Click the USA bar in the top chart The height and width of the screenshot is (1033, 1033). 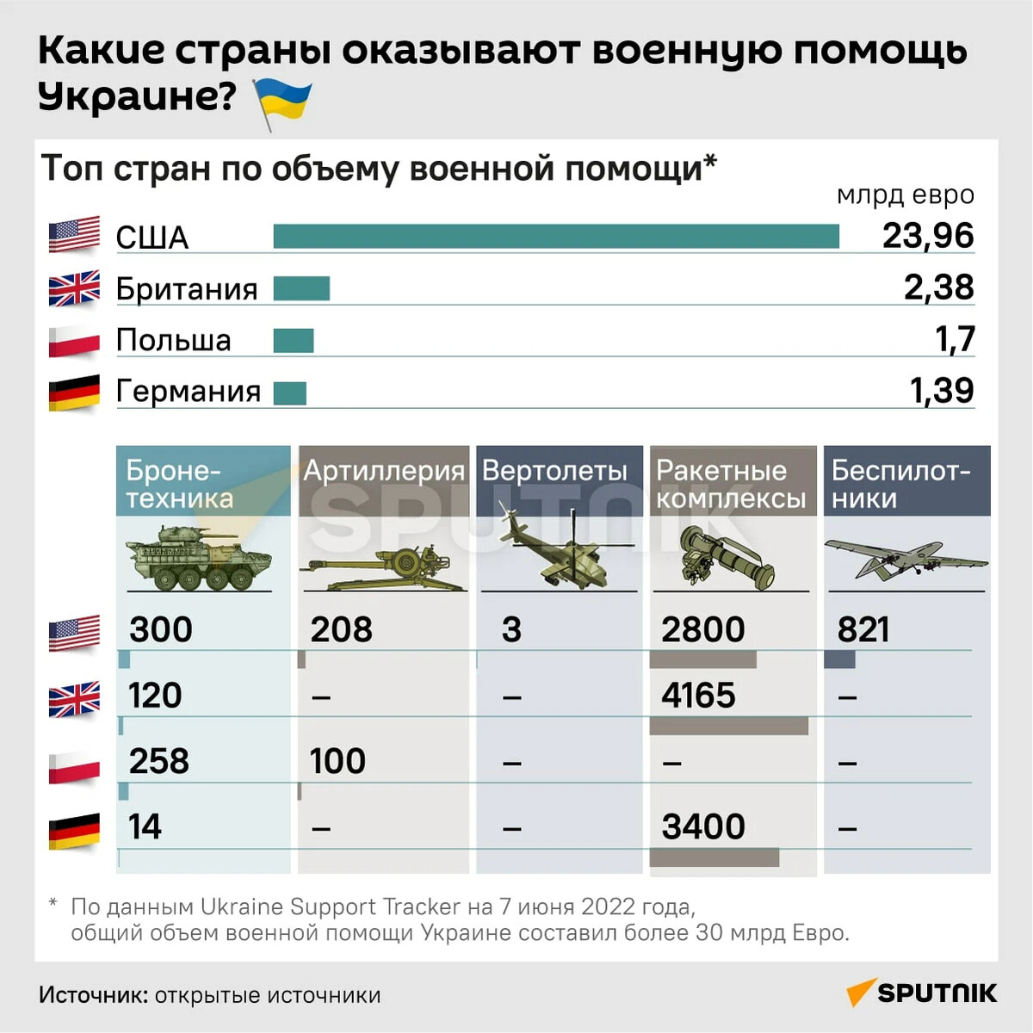click(556, 236)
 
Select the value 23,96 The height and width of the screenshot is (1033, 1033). click(928, 236)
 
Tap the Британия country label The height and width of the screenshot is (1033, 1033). click(187, 289)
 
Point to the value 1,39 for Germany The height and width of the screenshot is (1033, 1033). click(942, 391)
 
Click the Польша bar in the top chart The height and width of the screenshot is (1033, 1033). click(294, 341)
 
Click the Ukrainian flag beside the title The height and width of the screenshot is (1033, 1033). click(281, 102)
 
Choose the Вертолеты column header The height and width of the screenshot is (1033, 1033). click(555, 472)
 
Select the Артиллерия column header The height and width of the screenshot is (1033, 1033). click(384, 472)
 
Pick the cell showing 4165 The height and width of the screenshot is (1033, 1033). click(698, 696)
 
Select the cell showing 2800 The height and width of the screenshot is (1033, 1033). click(702, 630)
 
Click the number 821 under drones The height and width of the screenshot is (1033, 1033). click(863, 630)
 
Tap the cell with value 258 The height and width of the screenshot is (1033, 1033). click(159, 761)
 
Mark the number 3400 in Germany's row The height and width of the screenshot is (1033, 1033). click(703, 827)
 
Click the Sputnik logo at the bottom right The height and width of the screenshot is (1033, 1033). click(922, 993)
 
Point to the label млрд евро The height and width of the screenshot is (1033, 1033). click(905, 195)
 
